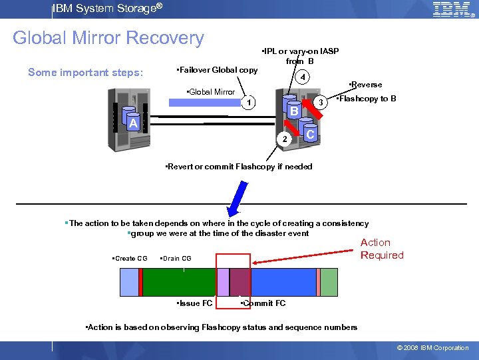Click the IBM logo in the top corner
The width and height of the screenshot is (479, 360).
[x=452, y=9]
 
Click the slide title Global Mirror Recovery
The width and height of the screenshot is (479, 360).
[x=108, y=38]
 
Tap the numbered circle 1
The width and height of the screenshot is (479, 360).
[x=247, y=103]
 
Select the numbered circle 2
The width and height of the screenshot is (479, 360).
[x=284, y=139]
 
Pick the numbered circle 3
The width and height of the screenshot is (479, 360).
[x=320, y=103]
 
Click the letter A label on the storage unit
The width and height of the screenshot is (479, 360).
[x=133, y=123]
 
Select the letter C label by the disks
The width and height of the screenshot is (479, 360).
[x=310, y=134]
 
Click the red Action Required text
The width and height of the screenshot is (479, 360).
[x=382, y=249]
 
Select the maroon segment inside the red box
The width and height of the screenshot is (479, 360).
[x=239, y=281]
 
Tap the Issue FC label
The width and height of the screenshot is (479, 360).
[x=195, y=303]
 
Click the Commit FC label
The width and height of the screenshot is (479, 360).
[x=263, y=303]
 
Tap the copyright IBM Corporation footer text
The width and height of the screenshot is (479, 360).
[x=432, y=348]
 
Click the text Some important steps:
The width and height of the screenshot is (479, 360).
[x=86, y=72]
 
